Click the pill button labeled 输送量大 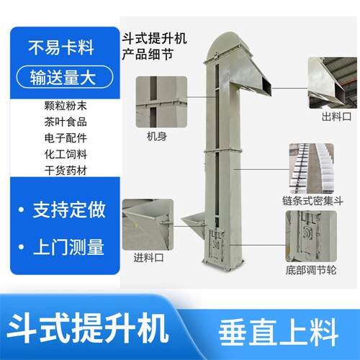click(65, 77)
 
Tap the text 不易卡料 click(61, 48)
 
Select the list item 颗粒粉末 click(66, 106)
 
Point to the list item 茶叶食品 click(66, 122)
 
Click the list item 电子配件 click(66, 138)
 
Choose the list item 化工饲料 click(66, 154)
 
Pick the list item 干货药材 click(66, 171)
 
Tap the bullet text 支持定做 click(69, 210)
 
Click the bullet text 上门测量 click(68, 247)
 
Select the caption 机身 click(157, 137)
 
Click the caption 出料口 click(336, 117)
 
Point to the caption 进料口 click(148, 258)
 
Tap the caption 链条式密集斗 click(312, 201)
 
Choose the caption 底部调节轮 click(311, 270)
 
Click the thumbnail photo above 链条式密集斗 click(311, 168)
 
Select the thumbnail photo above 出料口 click(333, 83)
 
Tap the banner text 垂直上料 click(279, 333)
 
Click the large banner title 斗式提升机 click(88, 328)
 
